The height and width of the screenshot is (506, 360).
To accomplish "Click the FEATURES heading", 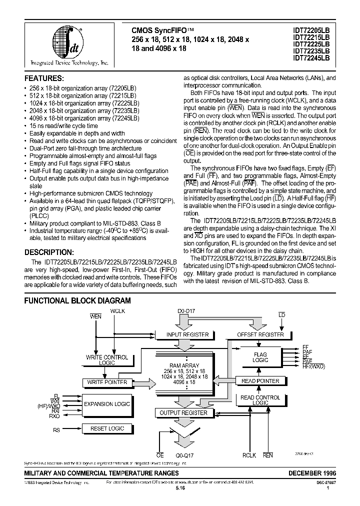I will click(44, 79).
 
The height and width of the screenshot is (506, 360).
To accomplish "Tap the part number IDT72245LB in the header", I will click(311, 58).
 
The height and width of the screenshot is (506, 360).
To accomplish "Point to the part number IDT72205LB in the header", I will click(311, 30).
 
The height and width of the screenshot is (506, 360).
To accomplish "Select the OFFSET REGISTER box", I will click(260, 334).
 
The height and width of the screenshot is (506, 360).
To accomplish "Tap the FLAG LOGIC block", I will click(260, 357).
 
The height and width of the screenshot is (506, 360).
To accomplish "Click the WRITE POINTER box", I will click(107, 382).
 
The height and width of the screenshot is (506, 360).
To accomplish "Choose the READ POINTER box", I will click(260, 381).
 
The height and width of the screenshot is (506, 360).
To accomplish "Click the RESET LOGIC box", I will click(107, 428).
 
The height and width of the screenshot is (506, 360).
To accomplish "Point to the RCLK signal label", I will click(249, 455).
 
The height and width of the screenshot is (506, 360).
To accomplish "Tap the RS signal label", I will click(56, 429).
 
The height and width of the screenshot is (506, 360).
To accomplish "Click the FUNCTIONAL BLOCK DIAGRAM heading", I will click(78, 300).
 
